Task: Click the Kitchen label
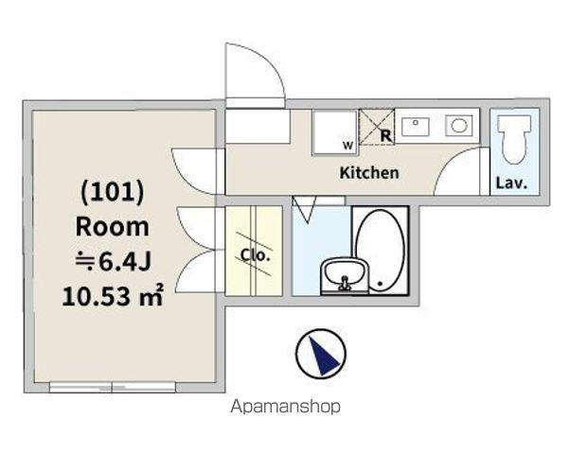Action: [x=369, y=173]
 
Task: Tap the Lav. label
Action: [x=511, y=183]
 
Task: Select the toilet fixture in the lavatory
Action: [x=514, y=139]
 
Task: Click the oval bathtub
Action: [x=380, y=251]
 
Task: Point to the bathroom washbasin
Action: [x=345, y=274]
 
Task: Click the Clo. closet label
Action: [x=256, y=255]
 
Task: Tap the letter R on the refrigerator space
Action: [x=385, y=135]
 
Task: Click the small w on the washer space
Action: [x=347, y=146]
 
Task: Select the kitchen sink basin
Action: [x=416, y=127]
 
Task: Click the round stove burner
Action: [x=459, y=126]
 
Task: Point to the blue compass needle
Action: [x=323, y=356]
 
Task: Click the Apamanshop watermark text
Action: [x=285, y=407]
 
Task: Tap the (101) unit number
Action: [x=112, y=192]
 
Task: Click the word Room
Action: [x=113, y=227]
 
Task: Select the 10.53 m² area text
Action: [x=113, y=296]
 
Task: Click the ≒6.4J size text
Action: [x=113, y=261]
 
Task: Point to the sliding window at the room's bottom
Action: [x=113, y=387]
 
